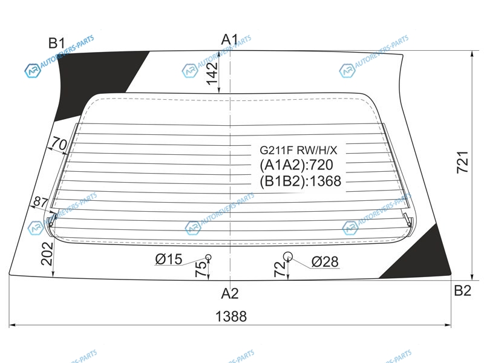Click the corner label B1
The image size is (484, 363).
click(x=57, y=43)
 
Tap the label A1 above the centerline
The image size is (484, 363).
click(x=230, y=39)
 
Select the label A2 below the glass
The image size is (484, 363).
click(x=230, y=293)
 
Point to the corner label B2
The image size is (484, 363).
click(x=462, y=291)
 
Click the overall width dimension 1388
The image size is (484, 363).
click(x=231, y=316)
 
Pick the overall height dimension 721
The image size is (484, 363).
click(x=462, y=162)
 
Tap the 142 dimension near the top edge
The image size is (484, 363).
click(x=212, y=73)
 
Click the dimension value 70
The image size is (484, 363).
click(x=59, y=143)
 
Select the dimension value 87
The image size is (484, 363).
click(x=41, y=202)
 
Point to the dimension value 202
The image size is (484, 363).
click(x=47, y=253)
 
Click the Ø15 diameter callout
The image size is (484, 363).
click(x=169, y=260)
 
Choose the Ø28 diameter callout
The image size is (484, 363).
click(x=325, y=262)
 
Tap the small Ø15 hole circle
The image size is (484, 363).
click(x=208, y=257)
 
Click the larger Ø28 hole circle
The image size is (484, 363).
click(x=288, y=256)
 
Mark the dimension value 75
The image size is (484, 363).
click(x=201, y=269)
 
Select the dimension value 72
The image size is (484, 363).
click(x=280, y=269)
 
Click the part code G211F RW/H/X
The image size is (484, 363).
click(x=298, y=150)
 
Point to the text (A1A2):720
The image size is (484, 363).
click(x=296, y=165)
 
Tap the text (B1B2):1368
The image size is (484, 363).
click(x=300, y=181)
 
